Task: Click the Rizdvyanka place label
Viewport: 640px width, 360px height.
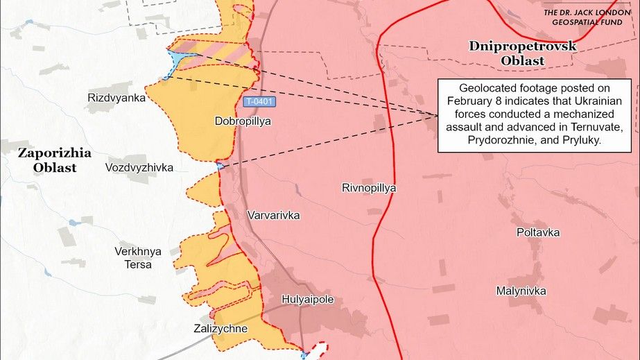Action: [116, 98]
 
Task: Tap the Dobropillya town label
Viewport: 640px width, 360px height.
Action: [243, 121]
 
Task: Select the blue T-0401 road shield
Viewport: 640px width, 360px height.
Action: [261, 102]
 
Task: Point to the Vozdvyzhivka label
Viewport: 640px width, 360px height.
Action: [139, 168]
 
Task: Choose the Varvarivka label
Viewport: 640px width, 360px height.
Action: [273, 216]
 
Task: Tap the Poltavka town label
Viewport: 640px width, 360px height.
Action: [537, 232]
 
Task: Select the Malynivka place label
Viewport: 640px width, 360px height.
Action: [521, 291]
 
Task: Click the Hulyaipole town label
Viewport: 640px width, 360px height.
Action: [308, 300]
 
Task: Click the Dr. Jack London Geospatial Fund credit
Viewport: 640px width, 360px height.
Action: [587, 17]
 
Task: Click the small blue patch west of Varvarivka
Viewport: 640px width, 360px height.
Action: [220, 165]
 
